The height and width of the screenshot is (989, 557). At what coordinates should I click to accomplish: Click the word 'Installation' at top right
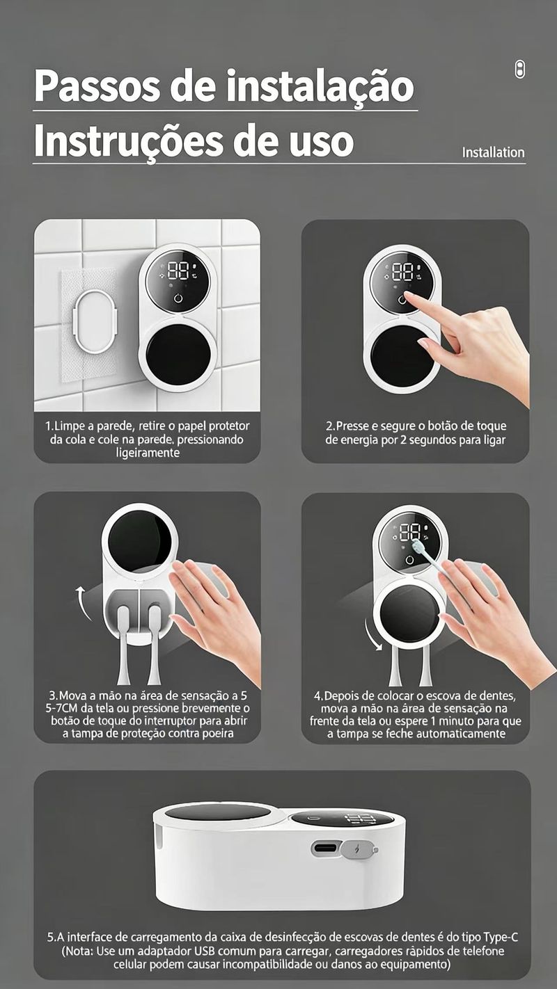(x=494, y=152)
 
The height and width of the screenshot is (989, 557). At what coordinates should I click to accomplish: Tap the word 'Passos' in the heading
(x=97, y=86)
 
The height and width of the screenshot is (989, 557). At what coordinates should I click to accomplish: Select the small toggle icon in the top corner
(x=520, y=70)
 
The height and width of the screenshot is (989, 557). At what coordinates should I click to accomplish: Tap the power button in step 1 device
(x=178, y=298)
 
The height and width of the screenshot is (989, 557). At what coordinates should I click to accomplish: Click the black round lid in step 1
(x=178, y=351)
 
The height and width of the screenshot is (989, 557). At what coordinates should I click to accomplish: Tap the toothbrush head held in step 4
(x=417, y=548)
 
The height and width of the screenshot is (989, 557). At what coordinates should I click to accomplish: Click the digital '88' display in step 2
(x=402, y=271)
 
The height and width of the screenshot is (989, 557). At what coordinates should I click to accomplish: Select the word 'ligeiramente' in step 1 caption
(x=148, y=453)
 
